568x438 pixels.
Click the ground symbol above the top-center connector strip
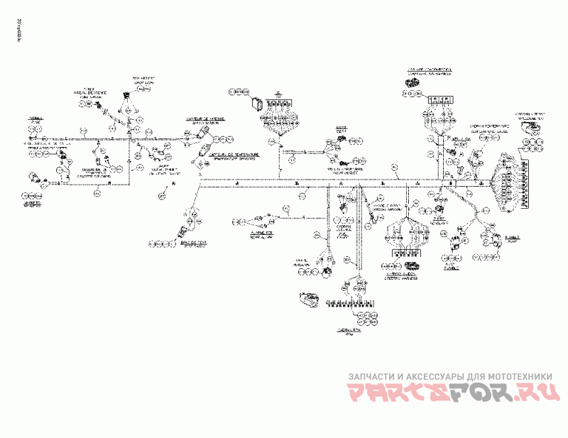coord(279,93)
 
